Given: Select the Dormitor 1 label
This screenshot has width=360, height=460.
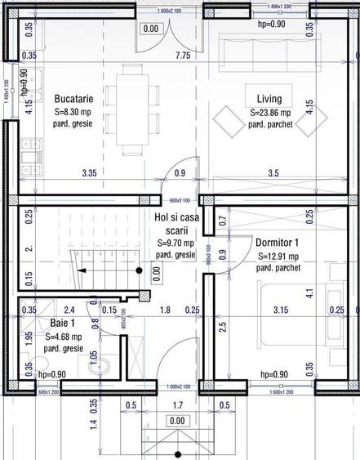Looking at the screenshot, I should tap(278, 242).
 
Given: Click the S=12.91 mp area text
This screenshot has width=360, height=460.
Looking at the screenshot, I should tap(278, 255).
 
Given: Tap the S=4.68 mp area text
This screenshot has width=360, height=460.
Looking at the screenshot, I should tap(64, 336).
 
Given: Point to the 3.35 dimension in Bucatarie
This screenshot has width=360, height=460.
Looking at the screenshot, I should tap(90, 173).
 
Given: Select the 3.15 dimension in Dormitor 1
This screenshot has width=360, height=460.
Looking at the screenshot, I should tap(281, 310).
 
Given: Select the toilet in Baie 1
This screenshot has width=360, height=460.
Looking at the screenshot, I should tap(95, 357).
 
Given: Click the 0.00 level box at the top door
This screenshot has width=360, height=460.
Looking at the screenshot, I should tap(151, 29).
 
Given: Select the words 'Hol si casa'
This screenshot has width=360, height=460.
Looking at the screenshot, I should tap(176, 217).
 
